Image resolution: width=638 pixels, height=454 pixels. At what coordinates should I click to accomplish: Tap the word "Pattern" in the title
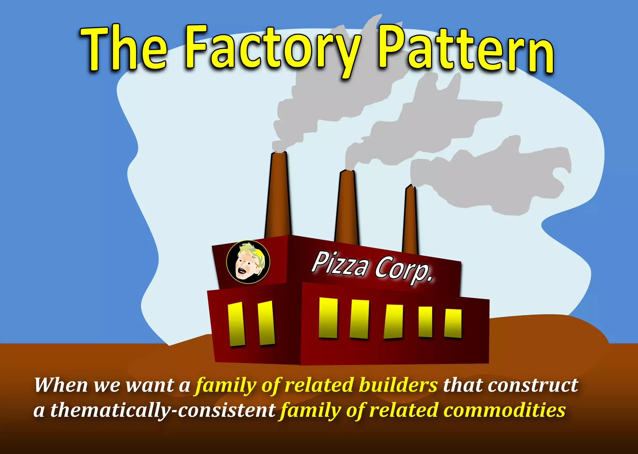pyautogui.click(x=465, y=51)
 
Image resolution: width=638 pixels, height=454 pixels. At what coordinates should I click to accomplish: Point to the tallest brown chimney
pyautogui.click(x=278, y=196)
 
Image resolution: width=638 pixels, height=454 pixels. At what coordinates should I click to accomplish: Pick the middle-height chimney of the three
pyautogui.click(x=347, y=209)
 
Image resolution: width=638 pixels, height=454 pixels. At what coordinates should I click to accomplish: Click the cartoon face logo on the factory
pyautogui.click(x=248, y=262)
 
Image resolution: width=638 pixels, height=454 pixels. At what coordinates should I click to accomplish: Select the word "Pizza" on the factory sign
pyautogui.click(x=340, y=264)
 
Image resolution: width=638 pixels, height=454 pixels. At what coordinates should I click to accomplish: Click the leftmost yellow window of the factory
pyautogui.click(x=236, y=324)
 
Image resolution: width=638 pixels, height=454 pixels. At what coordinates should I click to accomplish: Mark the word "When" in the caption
pyautogui.click(x=61, y=385)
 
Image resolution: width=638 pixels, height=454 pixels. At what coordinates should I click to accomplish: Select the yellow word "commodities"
pyautogui.click(x=505, y=410)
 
